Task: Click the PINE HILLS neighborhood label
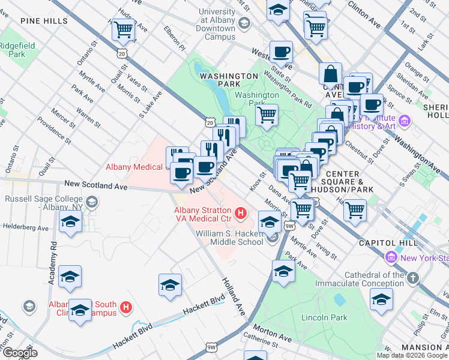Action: [44, 20]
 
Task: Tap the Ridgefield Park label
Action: [17, 49]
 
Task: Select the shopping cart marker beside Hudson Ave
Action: [123, 28]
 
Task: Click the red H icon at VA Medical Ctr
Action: [241, 212]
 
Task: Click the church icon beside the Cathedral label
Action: [412, 278]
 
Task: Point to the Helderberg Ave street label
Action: [25, 228]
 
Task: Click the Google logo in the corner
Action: [19, 352]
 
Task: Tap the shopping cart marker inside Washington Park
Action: [267, 113]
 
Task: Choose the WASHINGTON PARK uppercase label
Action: [229, 76]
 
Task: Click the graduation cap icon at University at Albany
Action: [244, 23]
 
